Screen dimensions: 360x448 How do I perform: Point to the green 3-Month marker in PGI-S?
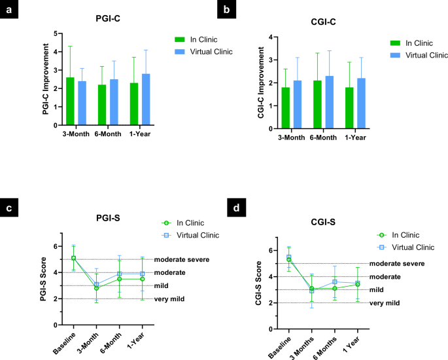pos(96,288)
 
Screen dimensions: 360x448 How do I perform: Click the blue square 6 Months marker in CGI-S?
pos(335,282)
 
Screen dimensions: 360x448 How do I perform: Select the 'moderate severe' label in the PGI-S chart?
pos(181,259)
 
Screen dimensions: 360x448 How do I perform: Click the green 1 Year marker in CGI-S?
pos(357,285)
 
